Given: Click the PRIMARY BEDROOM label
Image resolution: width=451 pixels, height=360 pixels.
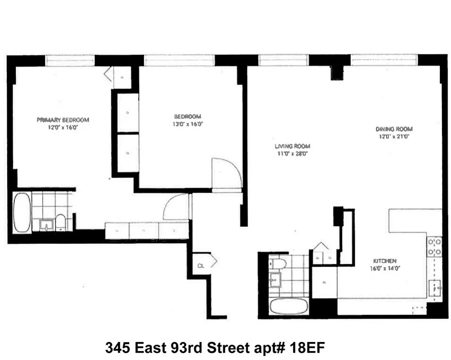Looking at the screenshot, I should (x=63, y=120).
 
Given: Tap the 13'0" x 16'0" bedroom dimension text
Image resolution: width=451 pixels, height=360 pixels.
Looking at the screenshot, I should (x=188, y=124).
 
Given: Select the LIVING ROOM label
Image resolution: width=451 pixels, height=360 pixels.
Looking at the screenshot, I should (x=293, y=146).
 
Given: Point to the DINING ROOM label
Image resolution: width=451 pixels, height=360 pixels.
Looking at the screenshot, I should (x=394, y=129).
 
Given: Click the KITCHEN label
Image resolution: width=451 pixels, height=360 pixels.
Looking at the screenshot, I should (x=384, y=261).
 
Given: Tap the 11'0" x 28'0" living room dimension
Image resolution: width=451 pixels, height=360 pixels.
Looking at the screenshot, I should (x=293, y=153).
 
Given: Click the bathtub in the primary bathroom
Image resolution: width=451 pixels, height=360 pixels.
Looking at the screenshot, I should (x=22, y=212).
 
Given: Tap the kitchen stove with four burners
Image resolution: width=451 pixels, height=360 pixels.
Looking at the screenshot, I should (x=434, y=247).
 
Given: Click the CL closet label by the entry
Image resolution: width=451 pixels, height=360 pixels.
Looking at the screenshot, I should (x=201, y=265).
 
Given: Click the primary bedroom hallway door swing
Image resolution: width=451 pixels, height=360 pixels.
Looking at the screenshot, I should (x=176, y=207).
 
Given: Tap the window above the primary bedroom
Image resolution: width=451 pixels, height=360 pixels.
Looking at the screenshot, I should (x=70, y=60).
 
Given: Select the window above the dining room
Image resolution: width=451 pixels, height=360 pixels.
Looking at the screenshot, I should (x=384, y=60).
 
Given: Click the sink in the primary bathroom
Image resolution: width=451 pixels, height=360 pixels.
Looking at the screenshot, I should (x=46, y=224).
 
